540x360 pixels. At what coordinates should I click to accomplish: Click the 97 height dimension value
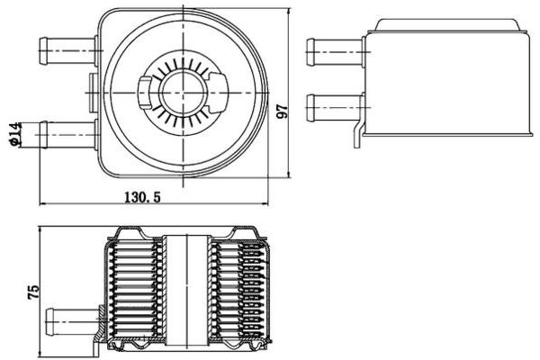pos(282,112)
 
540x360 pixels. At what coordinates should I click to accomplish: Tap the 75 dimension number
pos(34,290)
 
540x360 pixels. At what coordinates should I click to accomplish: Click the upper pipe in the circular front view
pos(68,50)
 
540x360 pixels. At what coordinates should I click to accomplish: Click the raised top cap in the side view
pos(450,25)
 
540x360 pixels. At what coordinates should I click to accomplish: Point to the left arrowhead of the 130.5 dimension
pos(41,203)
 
